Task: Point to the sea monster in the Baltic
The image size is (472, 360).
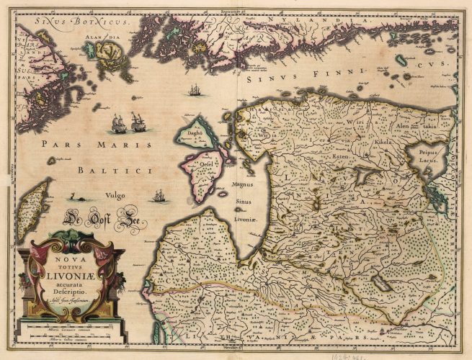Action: tap(74, 196)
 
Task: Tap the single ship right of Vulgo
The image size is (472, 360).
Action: tap(160, 196)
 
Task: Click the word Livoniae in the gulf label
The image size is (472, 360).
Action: tap(247, 216)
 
